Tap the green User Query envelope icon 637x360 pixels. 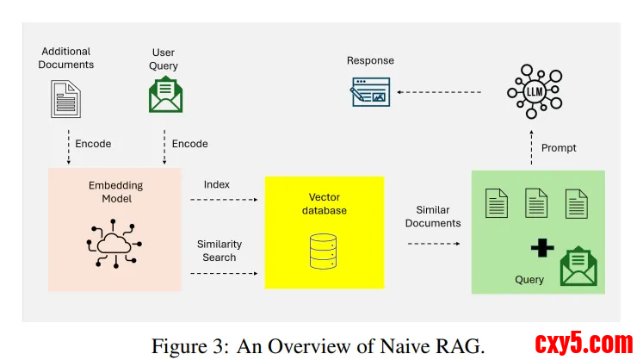tap(164, 95)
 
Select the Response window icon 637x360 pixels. tap(370, 91)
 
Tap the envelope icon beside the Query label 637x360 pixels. tap(578, 267)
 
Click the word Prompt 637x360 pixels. tap(559, 148)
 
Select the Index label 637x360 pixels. tap(216, 184)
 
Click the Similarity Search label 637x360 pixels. tap(220, 251)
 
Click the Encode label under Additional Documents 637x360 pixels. tap(93, 144)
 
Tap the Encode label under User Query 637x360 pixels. tap(189, 144)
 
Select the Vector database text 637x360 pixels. tap(324, 203)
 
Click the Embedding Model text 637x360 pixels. tap(115, 192)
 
